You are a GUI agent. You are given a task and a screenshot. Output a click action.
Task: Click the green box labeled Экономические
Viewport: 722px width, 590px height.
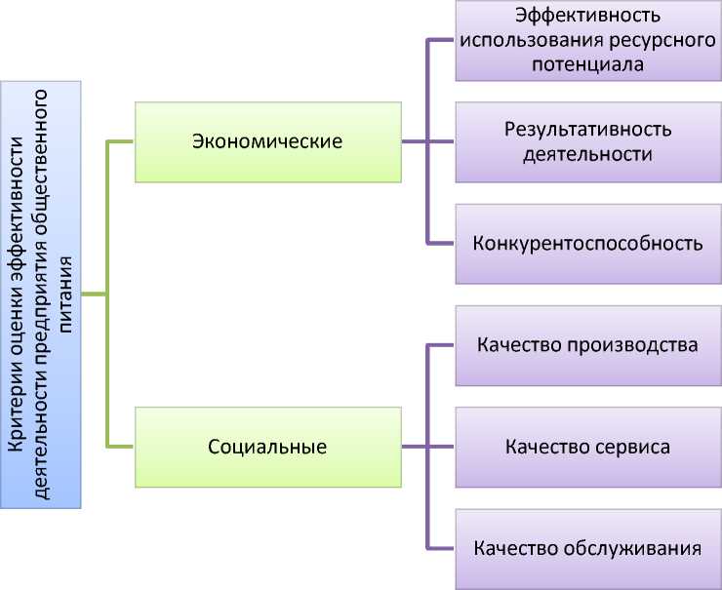tap(267, 142)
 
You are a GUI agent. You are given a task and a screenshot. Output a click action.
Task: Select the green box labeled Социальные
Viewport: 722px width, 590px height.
tap(267, 448)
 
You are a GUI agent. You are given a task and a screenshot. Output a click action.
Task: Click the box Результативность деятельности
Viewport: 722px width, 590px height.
tap(588, 141)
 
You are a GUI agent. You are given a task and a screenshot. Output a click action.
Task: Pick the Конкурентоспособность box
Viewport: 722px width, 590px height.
tap(588, 243)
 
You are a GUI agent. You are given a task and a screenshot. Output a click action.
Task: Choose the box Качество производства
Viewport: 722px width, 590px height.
tap(588, 346)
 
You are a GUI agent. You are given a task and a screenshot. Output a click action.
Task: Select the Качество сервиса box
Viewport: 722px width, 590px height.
tap(588, 448)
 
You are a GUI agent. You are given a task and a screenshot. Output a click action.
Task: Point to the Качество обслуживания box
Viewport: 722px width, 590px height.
tap(588, 548)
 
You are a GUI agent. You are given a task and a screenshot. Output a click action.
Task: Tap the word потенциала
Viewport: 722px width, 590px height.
tap(588, 64)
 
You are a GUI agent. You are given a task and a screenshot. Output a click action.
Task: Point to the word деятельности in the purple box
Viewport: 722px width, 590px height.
tap(588, 154)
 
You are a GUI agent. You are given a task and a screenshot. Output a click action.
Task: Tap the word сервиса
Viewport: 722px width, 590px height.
tap(633, 448)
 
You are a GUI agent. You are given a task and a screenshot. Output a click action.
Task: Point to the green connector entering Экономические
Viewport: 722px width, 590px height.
tap(120, 142)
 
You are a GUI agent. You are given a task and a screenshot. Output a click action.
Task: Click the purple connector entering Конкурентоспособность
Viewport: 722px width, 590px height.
tap(441, 243)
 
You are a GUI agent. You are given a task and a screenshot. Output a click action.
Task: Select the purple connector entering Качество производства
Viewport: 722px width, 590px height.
tap(441, 346)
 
